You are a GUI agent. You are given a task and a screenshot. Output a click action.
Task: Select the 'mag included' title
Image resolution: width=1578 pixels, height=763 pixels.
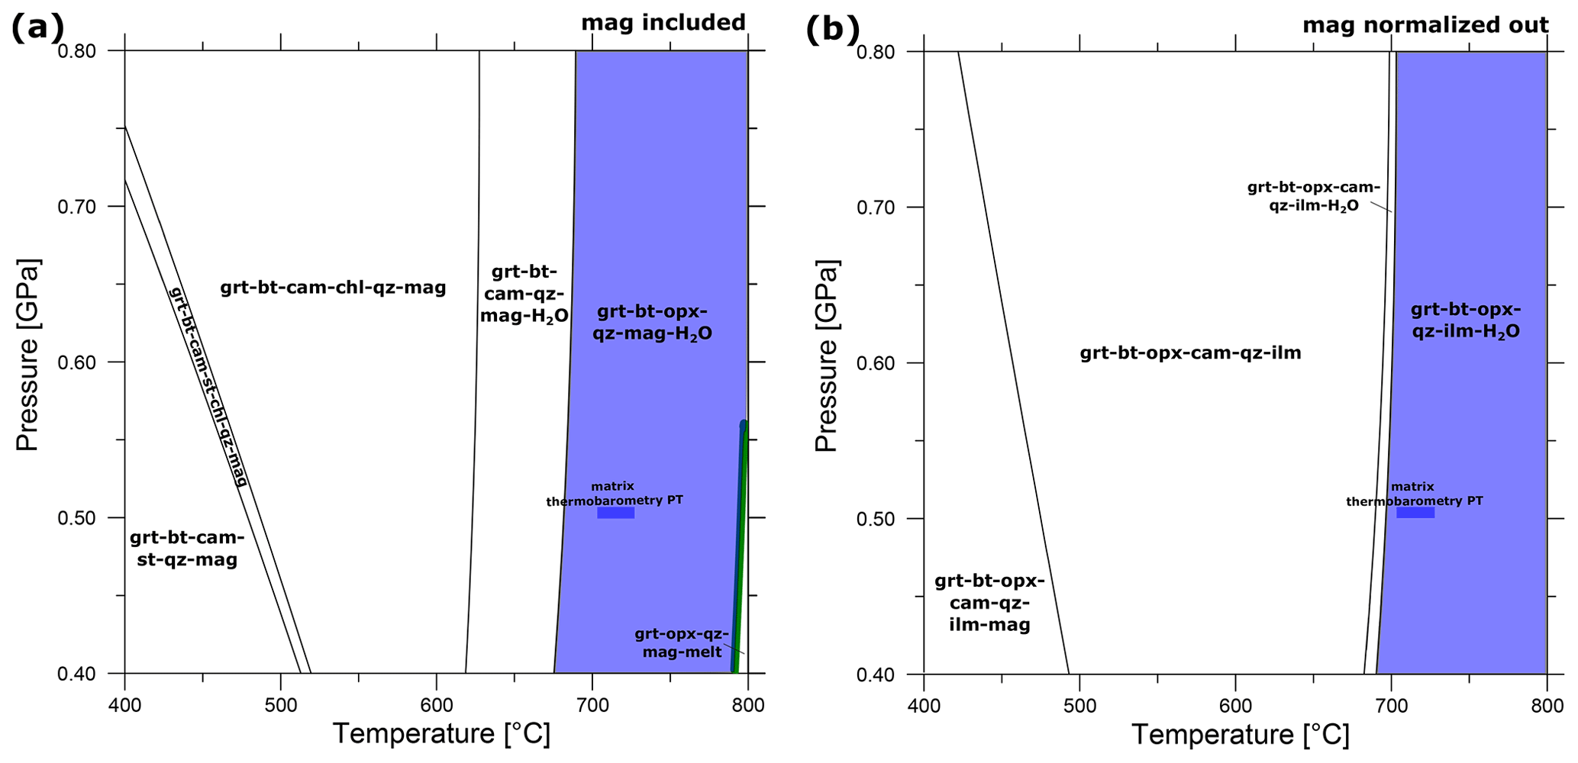[x=663, y=23]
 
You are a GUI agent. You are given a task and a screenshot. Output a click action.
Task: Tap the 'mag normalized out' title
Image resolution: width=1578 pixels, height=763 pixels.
[x=1425, y=25]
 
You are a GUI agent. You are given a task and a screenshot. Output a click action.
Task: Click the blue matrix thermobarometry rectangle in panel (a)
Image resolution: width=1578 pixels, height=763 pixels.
[x=615, y=513]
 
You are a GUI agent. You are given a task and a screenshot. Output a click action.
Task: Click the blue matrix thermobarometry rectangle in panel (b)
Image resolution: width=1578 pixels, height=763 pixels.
[x=1415, y=513]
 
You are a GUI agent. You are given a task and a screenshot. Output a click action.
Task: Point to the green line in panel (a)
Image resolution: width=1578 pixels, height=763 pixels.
[x=740, y=549]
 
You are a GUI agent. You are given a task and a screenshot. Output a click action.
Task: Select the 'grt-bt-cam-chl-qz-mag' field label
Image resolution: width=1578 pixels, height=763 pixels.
[x=333, y=288]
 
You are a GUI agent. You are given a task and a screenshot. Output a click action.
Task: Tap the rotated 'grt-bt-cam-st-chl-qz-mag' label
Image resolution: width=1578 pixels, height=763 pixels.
[x=208, y=387]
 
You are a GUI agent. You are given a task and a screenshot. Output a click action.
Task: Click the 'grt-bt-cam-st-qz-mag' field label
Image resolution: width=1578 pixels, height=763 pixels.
[x=186, y=549]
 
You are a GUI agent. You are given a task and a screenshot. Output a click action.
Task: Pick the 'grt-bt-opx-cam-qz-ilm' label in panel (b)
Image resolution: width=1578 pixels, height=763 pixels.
[x=1190, y=353]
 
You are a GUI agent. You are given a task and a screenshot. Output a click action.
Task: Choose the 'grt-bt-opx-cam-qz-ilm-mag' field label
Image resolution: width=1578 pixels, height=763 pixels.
[x=989, y=603]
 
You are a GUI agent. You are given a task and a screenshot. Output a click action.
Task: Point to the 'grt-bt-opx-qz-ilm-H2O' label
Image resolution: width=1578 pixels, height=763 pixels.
[x=1465, y=320]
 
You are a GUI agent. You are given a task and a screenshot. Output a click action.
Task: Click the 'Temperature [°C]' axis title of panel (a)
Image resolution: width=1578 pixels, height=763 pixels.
[x=440, y=734]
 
